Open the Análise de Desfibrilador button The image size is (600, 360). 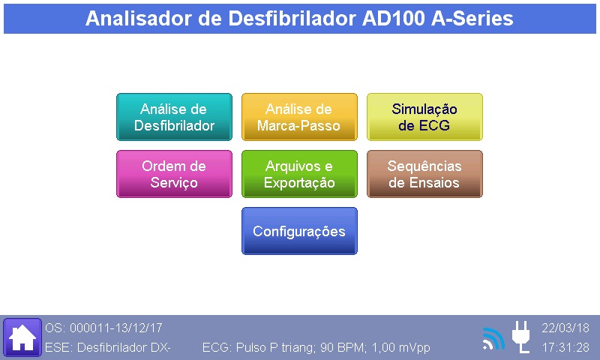click(x=174, y=117)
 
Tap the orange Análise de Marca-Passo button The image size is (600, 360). click(x=299, y=117)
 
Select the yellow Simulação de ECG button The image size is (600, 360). click(x=424, y=117)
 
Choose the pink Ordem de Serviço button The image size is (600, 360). click(x=174, y=174)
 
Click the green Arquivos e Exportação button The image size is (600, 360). click(x=299, y=174)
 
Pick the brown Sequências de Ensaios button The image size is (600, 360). click(x=424, y=174)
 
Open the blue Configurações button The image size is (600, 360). click(x=299, y=231)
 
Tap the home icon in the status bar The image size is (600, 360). click(x=22, y=337)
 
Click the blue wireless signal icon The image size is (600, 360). click(x=494, y=338)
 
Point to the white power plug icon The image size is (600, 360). click(x=521, y=337)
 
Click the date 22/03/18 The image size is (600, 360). click(x=565, y=328)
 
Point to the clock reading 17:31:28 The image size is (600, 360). click(x=565, y=347)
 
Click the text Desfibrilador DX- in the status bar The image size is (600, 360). click(x=124, y=347)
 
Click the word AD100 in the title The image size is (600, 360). click(x=393, y=18)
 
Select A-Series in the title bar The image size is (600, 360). click(x=472, y=18)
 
